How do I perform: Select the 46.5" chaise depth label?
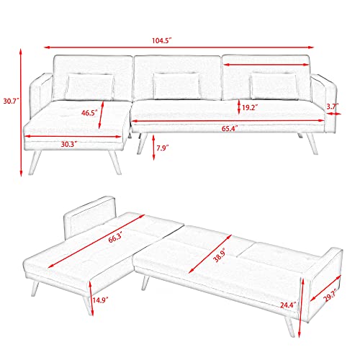90,113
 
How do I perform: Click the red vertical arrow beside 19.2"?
240,107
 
